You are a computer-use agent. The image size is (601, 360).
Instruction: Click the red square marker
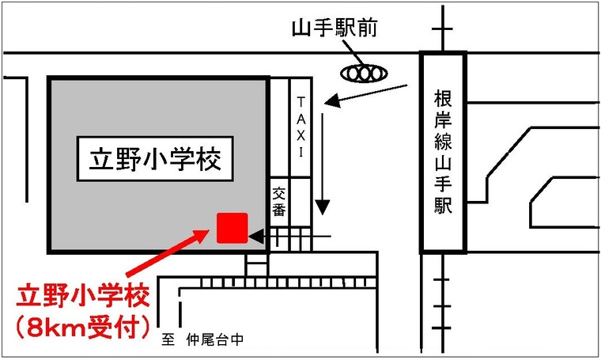(x=232, y=228)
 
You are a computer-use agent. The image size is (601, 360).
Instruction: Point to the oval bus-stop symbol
(x=365, y=73)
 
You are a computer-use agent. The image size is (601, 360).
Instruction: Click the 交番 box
(x=279, y=202)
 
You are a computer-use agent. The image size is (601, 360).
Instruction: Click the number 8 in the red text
(x=37, y=325)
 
